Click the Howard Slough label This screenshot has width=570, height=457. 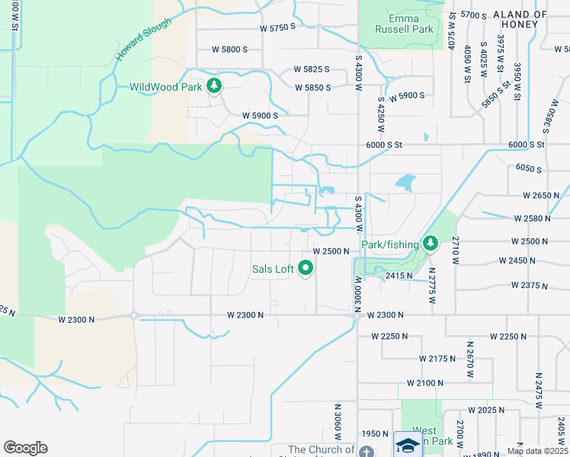pos(143,40)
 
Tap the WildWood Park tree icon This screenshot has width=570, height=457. pos(215,86)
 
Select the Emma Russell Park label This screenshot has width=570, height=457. pos(404,24)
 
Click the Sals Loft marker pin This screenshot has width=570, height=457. pos(306,268)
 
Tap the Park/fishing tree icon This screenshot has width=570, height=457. pos(431,244)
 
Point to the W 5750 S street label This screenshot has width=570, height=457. pos(276,28)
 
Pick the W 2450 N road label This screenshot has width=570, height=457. pos(517,260)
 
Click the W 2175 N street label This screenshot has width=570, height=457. pos(439,358)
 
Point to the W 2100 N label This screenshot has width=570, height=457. pos(425,382)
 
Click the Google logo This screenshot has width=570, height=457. pos(25,448)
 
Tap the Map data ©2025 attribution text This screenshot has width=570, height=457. pos(537,451)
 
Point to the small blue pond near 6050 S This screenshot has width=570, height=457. pos(405,183)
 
